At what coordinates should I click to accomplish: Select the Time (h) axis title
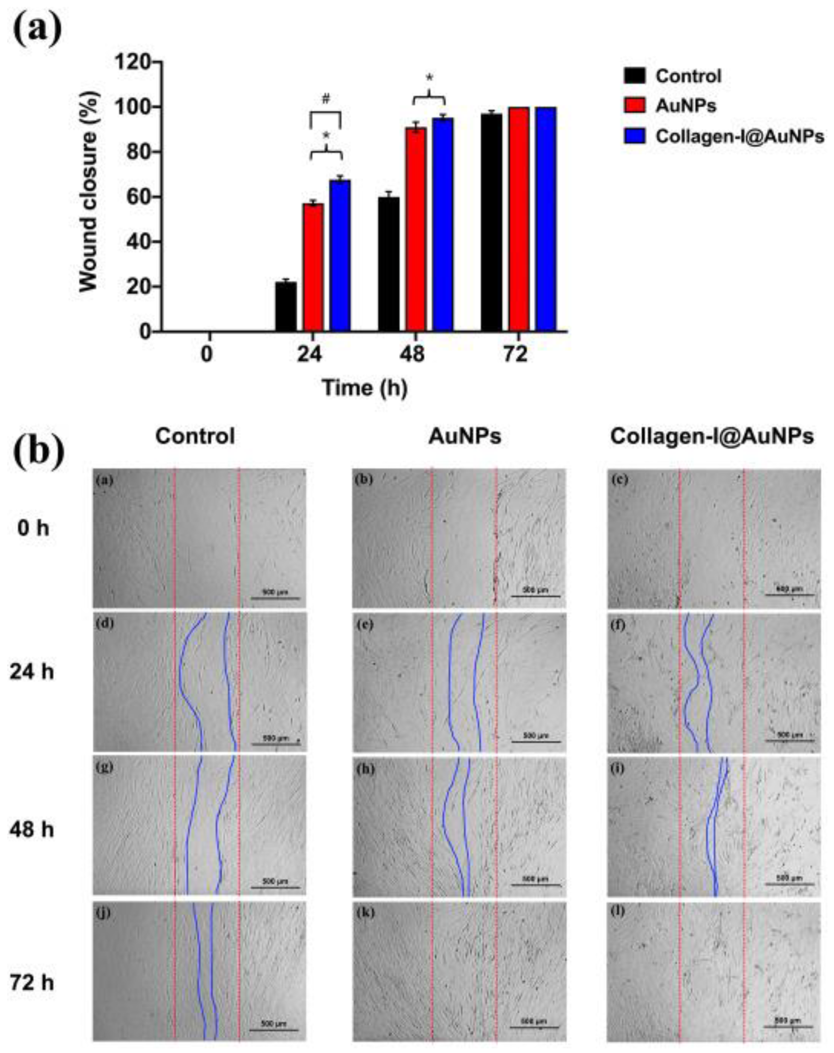(x=364, y=388)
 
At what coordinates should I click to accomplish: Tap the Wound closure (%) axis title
(x=89, y=192)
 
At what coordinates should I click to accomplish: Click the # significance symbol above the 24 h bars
(x=326, y=99)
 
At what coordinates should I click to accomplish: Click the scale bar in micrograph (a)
(x=275, y=598)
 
